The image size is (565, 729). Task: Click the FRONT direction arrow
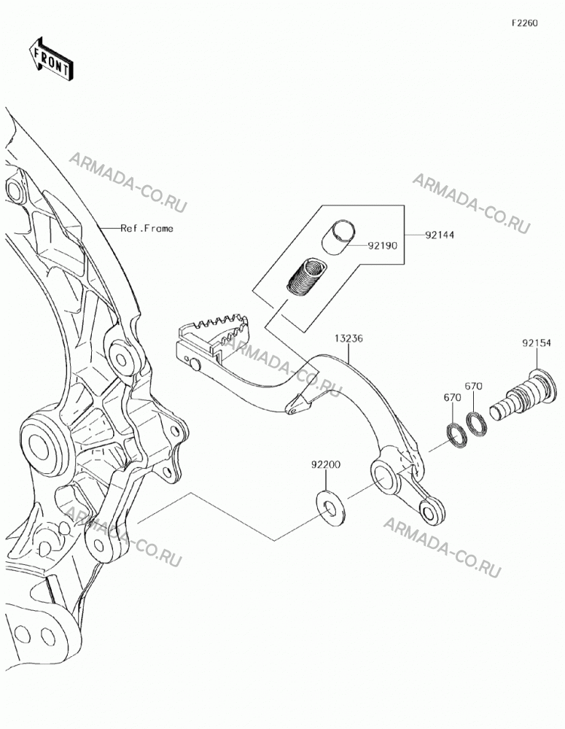50,58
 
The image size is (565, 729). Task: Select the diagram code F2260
525,23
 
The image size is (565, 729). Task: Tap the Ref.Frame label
147,228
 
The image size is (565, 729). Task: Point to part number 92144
440,235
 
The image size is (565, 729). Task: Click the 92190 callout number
383,246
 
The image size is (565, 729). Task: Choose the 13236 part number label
348,338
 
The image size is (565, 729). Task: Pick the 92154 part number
536,343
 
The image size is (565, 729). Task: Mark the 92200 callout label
326,464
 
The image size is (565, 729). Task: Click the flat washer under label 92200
331,507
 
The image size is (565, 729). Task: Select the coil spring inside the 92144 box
306,276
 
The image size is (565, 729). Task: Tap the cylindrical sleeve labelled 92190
338,237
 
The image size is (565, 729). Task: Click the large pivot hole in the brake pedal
384,477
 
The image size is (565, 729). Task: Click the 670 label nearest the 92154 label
473,386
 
